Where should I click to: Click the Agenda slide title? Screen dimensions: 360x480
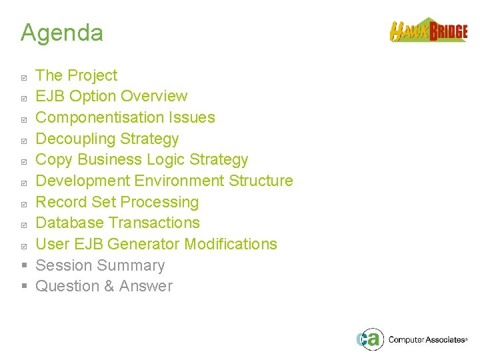point(61,33)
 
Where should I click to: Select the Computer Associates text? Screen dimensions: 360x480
point(427,340)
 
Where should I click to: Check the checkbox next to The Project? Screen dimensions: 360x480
point(24,77)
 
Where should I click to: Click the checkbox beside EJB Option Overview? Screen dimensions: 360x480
point(24,98)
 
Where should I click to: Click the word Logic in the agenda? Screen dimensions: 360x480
point(166,160)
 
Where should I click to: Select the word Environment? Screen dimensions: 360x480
point(179,181)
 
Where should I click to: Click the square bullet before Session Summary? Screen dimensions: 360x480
point(24,265)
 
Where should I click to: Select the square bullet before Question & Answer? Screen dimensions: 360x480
point(24,287)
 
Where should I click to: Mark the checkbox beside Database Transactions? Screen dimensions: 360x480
point(24,225)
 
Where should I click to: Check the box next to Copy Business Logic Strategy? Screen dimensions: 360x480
point(24,161)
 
